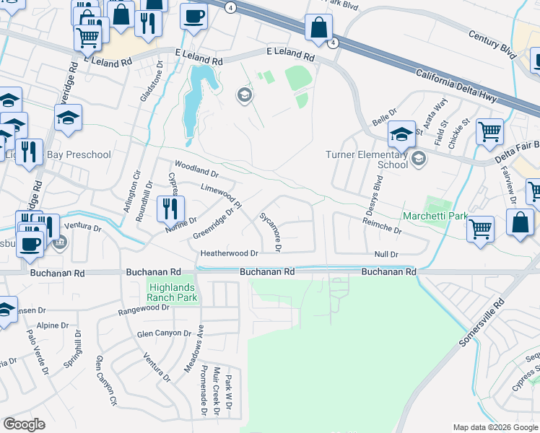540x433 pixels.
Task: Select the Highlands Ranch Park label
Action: coord(172,290)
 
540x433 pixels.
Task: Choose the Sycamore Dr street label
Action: coord(270,231)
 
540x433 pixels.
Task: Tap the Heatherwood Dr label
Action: coord(229,253)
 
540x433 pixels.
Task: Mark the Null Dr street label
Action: coord(386,254)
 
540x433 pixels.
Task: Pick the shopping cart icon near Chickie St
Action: coord(489,131)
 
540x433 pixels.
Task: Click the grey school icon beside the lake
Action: coord(244,95)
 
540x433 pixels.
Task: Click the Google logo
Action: coord(25,424)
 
